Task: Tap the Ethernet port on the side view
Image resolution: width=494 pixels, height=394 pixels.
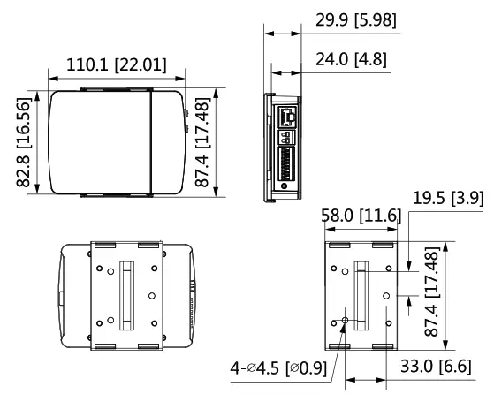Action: point(288,116)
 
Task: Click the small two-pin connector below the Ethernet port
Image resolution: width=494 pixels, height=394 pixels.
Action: point(287,138)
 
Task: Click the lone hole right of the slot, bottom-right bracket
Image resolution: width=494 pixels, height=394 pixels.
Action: point(385,295)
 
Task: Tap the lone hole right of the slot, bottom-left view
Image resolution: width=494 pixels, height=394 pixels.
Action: point(152,295)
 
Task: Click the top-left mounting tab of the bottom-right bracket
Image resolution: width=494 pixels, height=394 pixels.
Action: point(338,245)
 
